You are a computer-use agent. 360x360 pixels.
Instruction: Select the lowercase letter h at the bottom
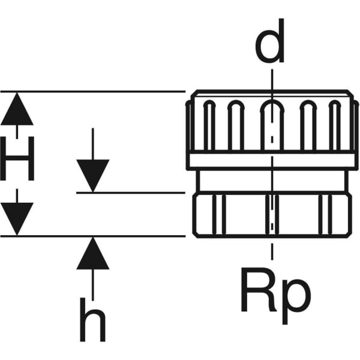(x=93, y=317)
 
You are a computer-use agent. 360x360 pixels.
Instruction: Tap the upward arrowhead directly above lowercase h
(x=93, y=253)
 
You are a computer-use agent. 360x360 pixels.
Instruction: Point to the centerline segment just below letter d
(x=272, y=78)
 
